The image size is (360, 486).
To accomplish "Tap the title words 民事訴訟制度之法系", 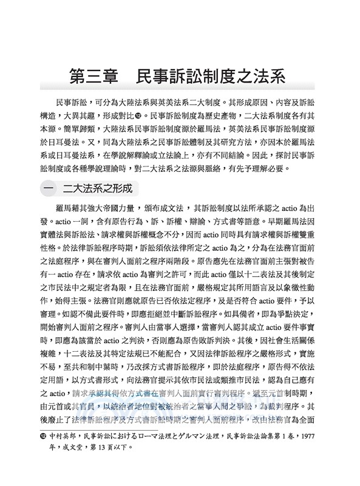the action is (219, 77).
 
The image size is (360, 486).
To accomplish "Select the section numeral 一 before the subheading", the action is (49, 188).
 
